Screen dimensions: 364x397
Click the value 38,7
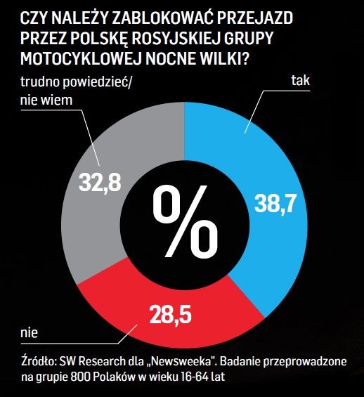[x=275, y=204]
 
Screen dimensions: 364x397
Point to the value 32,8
[x=100, y=182]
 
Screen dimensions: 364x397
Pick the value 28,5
[x=170, y=314]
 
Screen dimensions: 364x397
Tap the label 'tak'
[x=301, y=80]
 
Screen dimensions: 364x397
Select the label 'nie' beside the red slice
[x=29, y=332]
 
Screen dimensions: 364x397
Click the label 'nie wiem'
[x=46, y=100]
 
